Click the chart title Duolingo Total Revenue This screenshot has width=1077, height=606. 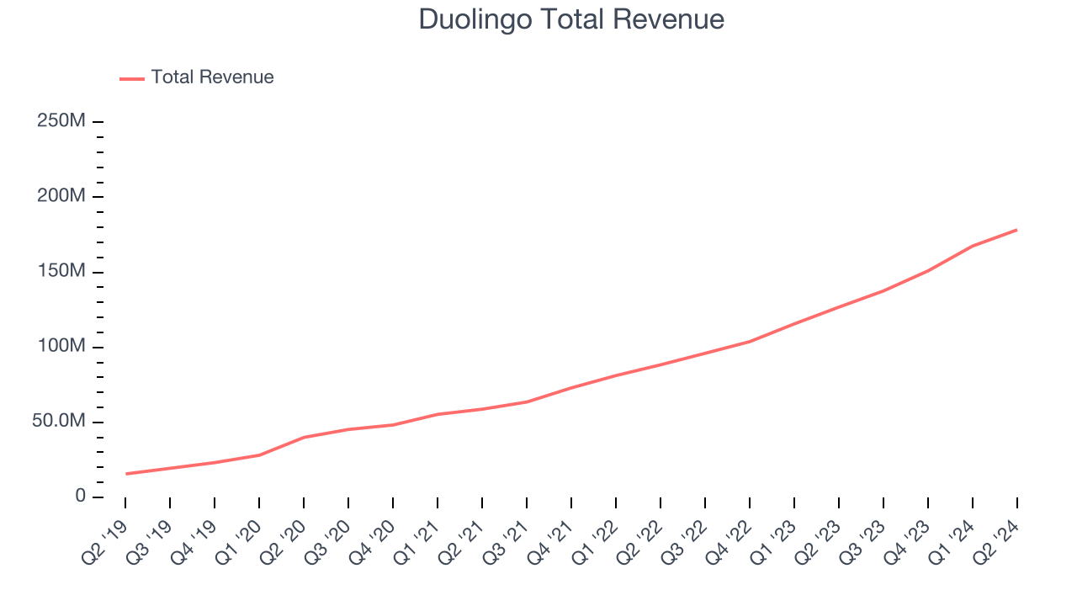(x=571, y=19)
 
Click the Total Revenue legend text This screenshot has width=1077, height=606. (x=212, y=77)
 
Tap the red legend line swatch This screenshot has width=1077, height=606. (x=132, y=78)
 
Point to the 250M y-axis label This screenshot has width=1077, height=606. (x=61, y=121)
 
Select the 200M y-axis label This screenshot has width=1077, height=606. (x=61, y=196)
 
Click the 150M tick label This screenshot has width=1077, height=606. (x=61, y=272)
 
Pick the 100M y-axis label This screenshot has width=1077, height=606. (x=61, y=347)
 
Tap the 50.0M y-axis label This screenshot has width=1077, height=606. (x=59, y=422)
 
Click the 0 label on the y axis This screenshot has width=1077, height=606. (x=80, y=497)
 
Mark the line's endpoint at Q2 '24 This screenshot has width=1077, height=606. (x=1016, y=230)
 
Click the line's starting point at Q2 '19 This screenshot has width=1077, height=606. (x=126, y=474)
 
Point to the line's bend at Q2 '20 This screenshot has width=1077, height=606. (x=304, y=437)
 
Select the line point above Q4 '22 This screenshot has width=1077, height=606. (x=749, y=342)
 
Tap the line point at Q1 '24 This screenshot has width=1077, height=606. (x=973, y=246)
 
